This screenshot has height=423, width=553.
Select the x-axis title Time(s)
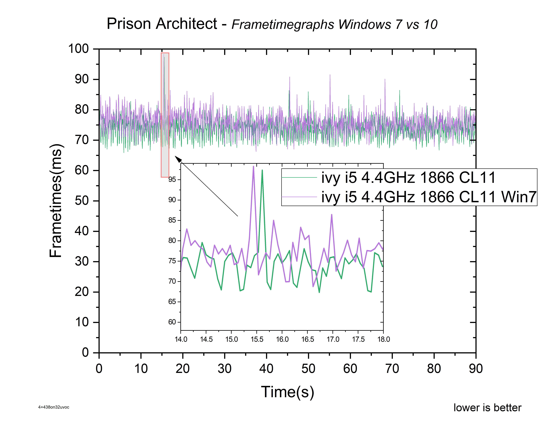click(x=287, y=392)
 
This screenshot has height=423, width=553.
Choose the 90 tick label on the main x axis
click(x=476, y=369)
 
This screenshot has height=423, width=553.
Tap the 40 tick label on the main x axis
click(x=266, y=369)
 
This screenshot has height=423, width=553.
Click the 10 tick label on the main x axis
click(x=141, y=369)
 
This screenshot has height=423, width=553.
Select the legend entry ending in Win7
click(x=428, y=197)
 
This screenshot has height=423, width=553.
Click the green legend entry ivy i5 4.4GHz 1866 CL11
click(x=408, y=178)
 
